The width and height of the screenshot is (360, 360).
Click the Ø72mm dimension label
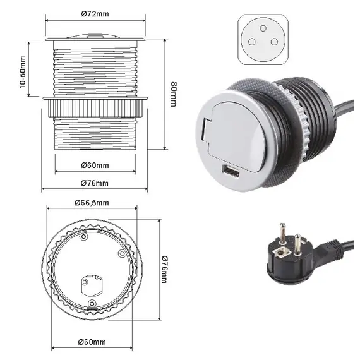point(95,14)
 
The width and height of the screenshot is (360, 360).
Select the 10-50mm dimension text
point(23,72)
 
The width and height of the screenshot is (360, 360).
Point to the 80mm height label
point(174,94)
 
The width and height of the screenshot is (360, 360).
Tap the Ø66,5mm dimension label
point(92,203)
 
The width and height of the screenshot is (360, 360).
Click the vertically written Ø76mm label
point(165,269)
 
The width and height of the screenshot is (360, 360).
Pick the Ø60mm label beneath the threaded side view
point(95,165)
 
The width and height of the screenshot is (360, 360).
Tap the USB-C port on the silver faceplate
point(231,171)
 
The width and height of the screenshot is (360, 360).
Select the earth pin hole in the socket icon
point(263,28)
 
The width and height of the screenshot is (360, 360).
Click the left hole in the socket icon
point(252,42)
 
